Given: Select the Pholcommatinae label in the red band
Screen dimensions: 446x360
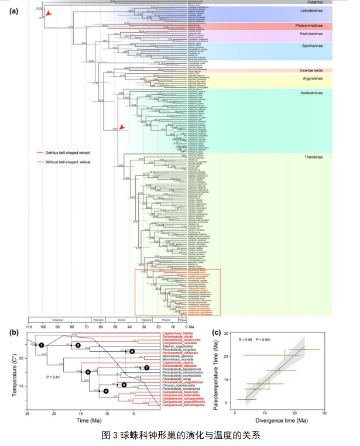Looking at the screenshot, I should tap(311, 26).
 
